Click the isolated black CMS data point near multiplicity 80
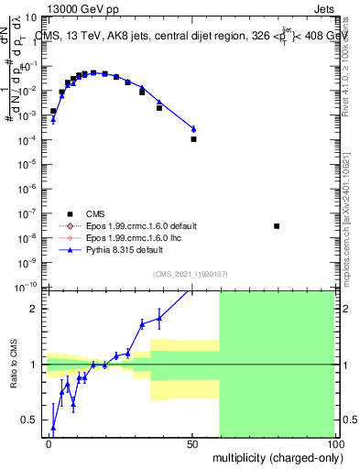pyautogui.click(x=277, y=226)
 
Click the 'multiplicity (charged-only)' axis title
pyautogui.click(x=275, y=457)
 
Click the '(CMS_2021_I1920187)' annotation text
pyautogui.click(x=191, y=273)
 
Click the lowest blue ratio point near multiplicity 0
pyautogui.click(x=53, y=428)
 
